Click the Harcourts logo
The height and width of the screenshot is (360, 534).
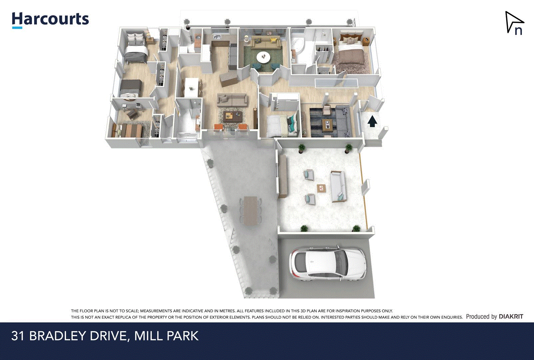click(x=50, y=20)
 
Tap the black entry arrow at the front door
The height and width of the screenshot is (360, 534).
click(x=372, y=121)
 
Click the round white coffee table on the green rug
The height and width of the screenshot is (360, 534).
click(x=264, y=57)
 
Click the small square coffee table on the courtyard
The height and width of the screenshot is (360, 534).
click(x=321, y=188)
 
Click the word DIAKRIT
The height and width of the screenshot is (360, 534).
click(x=511, y=316)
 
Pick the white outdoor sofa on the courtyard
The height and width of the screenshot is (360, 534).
click(x=338, y=186)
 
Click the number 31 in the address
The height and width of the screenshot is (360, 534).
click(x=18, y=336)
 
